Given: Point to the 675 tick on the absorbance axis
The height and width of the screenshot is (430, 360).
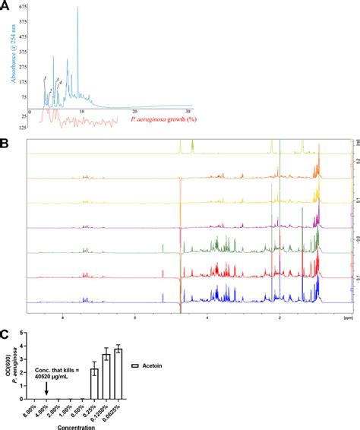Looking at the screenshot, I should [x=22, y=6].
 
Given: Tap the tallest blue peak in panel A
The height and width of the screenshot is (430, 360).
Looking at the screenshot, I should [x=77, y=9].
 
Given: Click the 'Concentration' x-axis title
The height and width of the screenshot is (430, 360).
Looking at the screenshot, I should [x=71, y=425].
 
